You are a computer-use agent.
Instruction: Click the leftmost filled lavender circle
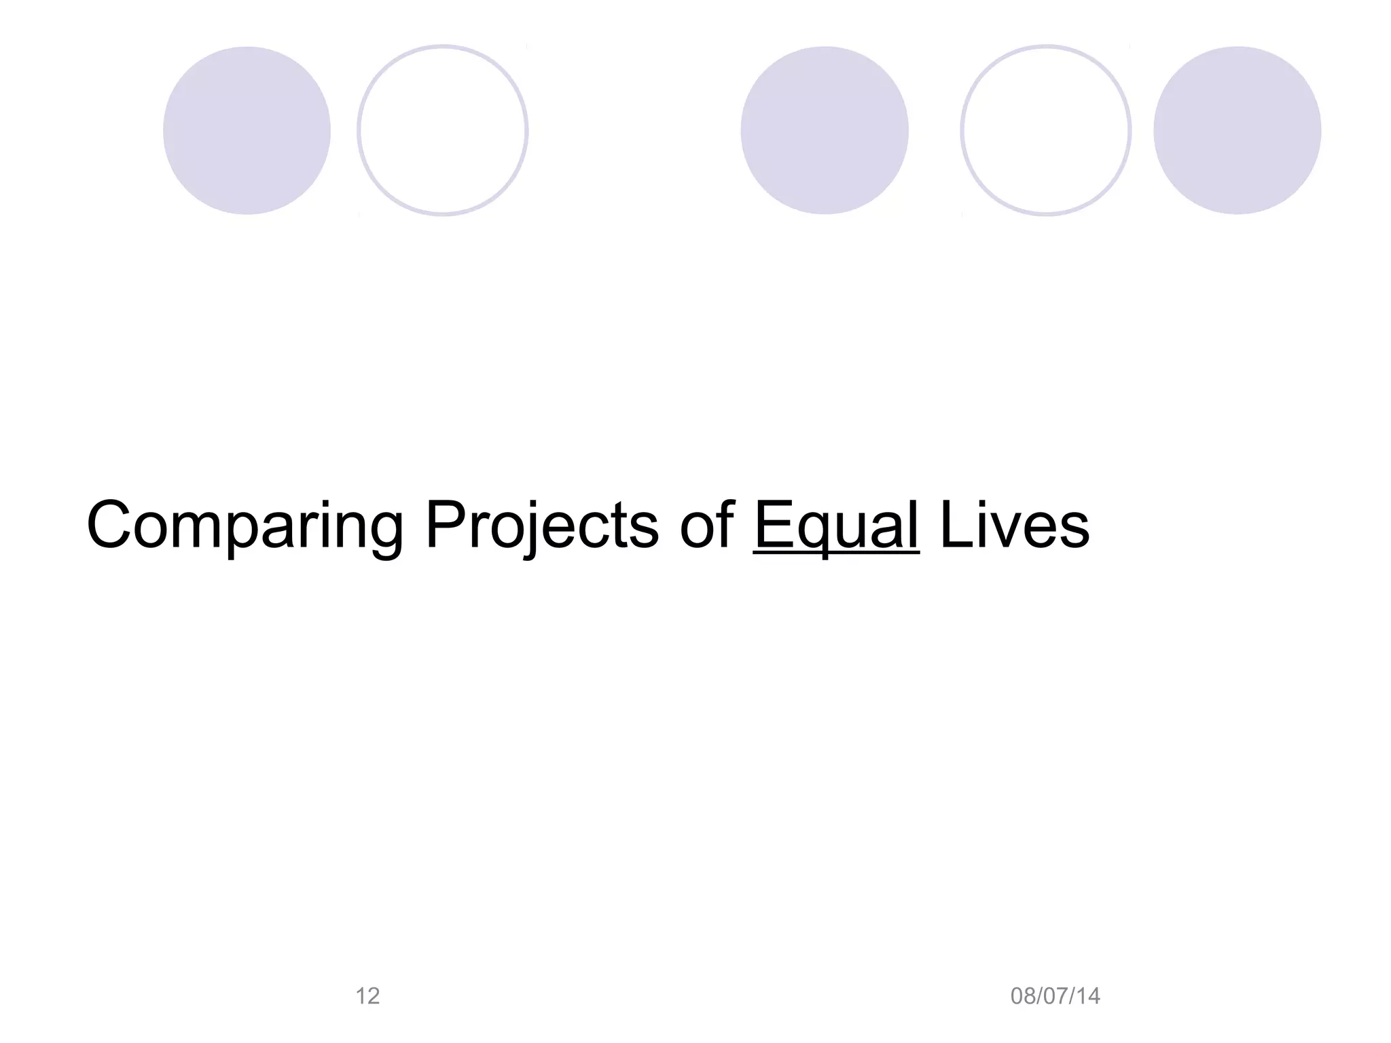(247, 130)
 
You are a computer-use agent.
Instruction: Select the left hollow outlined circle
(443, 130)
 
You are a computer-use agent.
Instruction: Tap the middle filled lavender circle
(825, 130)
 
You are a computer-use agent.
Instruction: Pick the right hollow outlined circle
(1046, 130)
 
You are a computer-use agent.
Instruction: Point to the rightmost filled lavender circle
(1238, 130)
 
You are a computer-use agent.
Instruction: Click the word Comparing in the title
(245, 526)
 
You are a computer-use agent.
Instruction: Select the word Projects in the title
(541, 526)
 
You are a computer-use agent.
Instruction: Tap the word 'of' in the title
(706, 526)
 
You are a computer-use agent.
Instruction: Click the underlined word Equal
(836, 526)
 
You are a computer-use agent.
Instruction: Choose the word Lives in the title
(1015, 526)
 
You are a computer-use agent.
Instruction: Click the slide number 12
(367, 996)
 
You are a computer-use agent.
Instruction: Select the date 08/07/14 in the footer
(1055, 996)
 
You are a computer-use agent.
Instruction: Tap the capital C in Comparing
(109, 525)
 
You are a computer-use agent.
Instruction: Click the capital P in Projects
(446, 525)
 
